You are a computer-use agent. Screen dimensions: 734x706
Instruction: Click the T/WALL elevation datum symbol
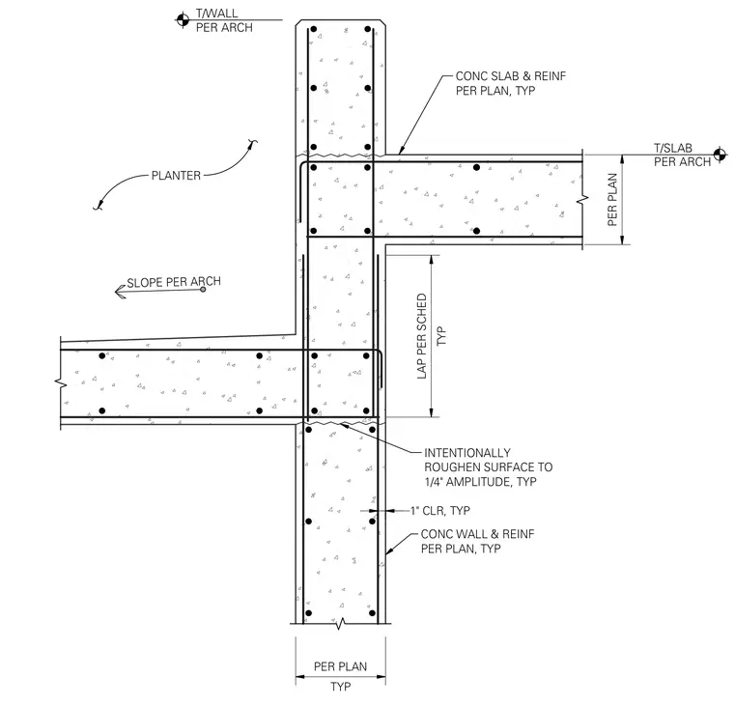click(183, 20)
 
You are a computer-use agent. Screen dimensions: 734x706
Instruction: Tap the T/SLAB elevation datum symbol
click(720, 154)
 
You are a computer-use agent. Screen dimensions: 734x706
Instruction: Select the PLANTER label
click(176, 176)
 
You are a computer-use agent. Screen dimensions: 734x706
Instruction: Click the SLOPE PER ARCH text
click(174, 282)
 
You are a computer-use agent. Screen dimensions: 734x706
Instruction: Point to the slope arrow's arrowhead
click(121, 292)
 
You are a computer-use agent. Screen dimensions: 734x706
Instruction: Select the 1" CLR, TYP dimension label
click(440, 511)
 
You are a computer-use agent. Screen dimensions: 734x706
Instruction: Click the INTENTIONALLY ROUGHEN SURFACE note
click(489, 467)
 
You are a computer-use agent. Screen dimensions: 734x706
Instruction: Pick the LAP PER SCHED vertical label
click(422, 336)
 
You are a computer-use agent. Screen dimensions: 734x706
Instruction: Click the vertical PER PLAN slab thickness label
click(611, 200)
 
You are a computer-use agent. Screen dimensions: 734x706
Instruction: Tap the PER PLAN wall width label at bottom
click(340, 666)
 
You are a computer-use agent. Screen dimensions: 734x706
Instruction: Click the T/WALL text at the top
click(216, 14)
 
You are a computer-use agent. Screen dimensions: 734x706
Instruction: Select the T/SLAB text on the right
click(673, 148)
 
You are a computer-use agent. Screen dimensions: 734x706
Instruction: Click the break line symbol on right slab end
click(582, 200)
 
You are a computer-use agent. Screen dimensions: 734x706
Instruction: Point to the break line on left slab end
click(61, 383)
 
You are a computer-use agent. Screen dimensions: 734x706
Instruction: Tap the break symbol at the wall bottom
click(341, 624)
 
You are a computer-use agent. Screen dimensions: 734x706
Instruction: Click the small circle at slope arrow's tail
click(203, 290)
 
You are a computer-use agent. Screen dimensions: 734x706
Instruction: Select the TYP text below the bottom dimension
click(340, 687)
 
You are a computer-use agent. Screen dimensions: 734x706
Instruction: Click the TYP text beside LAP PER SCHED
click(441, 336)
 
